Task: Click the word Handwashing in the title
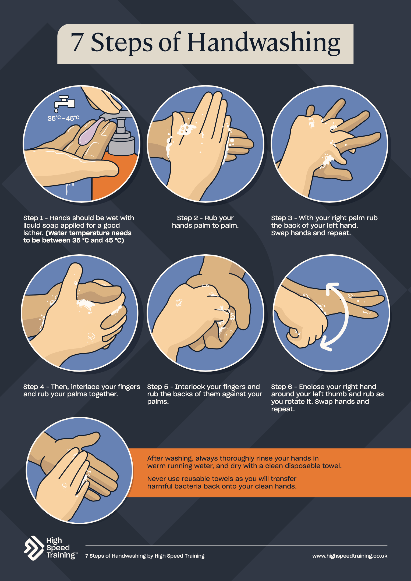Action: (264, 43)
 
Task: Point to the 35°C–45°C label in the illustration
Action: (63, 118)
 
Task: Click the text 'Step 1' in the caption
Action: (33, 218)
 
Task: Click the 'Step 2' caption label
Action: (187, 218)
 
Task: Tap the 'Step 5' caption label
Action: (157, 387)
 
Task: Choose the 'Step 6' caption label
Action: (281, 387)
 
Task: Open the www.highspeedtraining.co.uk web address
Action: (350, 556)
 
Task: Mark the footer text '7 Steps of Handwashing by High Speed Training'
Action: (145, 556)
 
